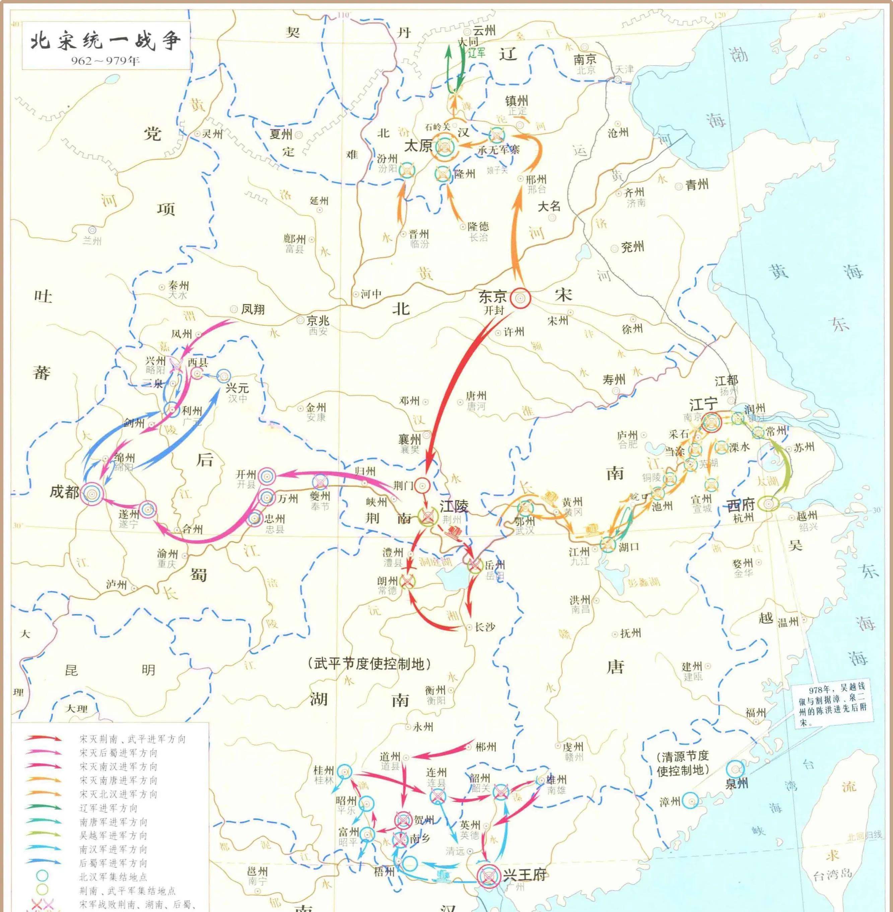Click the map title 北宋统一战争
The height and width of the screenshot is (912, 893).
click(x=106, y=41)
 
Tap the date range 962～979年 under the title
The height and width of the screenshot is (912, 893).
click(x=105, y=61)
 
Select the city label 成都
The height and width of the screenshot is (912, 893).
click(x=65, y=492)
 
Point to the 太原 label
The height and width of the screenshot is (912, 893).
click(x=417, y=146)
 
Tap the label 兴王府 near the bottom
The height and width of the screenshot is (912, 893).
click(x=524, y=875)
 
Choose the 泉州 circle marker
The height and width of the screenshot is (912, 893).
click(x=735, y=769)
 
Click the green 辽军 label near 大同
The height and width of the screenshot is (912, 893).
click(x=477, y=53)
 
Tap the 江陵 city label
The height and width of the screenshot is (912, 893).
click(x=454, y=506)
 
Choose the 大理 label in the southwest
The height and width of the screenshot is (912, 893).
click(x=76, y=709)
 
